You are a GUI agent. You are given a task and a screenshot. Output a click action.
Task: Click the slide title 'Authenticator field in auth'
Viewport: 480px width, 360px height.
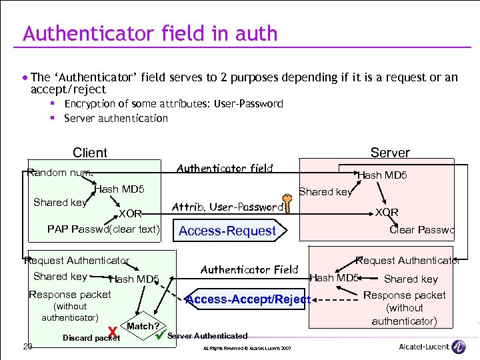(x=150, y=33)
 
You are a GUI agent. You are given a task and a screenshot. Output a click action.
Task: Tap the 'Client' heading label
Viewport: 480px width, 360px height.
(x=89, y=153)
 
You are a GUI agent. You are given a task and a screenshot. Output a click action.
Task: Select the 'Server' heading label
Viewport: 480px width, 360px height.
(x=390, y=153)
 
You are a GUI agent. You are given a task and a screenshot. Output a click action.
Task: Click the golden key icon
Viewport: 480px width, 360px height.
(x=287, y=203)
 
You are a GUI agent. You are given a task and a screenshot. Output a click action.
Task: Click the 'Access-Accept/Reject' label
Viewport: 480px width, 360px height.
(x=248, y=299)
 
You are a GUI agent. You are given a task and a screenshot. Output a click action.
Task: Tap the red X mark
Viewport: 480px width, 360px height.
(x=113, y=331)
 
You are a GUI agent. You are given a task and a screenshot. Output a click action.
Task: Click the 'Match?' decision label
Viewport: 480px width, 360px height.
(x=143, y=326)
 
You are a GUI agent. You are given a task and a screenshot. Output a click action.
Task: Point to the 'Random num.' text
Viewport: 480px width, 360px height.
(x=61, y=173)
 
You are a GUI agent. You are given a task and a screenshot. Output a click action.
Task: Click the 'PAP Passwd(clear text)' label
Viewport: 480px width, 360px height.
(x=103, y=229)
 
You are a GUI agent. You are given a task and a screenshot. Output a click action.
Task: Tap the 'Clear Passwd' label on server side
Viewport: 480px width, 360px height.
(x=421, y=229)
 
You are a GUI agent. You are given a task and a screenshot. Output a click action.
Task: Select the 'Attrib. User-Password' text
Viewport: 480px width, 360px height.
(x=227, y=207)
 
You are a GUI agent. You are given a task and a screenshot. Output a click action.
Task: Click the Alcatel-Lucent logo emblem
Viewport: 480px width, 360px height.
(x=459, y=347)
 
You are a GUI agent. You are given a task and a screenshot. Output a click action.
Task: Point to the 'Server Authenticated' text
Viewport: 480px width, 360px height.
(x=207, y=336)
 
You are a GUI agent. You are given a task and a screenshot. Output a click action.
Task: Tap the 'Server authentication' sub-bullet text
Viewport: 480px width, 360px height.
(x=116, y=118)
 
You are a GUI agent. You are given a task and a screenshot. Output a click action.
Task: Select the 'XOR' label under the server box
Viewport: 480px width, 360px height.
(x=386, y=213)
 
